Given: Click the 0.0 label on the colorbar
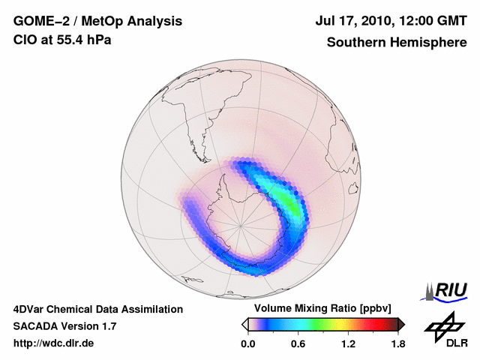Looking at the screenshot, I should (x=247, y=344).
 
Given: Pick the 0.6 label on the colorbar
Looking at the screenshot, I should (x=298, y=344).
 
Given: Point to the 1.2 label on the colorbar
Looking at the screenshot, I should (x=348, y=344).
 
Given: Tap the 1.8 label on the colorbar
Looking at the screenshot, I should (x=397, y=344).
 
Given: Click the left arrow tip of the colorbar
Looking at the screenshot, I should (x=244, y=324).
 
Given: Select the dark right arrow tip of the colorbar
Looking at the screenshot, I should (x=402, y=324).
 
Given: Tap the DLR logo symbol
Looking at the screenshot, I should (x=442, y=325).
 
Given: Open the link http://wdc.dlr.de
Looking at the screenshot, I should (x=54, y=343).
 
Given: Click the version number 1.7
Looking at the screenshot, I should (x=108, y=326).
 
